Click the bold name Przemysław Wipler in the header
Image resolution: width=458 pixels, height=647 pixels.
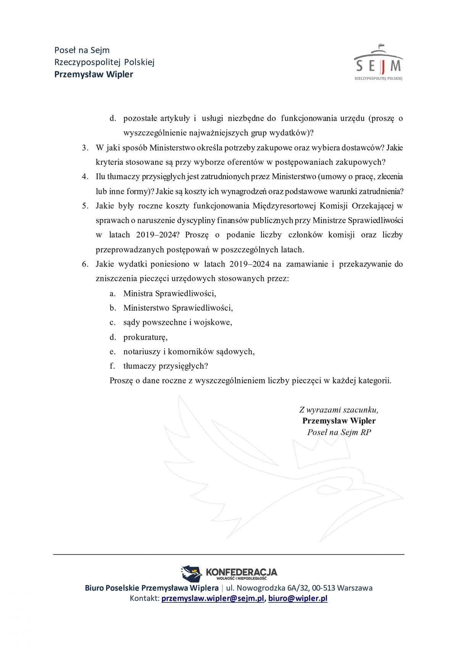click(x=94, y=74)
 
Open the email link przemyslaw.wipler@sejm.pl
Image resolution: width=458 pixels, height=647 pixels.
click(x=213, y=598)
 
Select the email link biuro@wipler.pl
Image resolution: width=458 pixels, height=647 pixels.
click(x=298, y=598)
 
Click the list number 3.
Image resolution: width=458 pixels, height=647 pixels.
click(x=85, y=148)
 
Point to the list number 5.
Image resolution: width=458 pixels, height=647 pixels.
click(x=85, y=206)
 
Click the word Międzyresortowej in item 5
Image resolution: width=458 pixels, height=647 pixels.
click(x=284, y=206)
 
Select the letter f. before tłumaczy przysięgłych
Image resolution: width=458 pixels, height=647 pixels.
click(x=112, y=366)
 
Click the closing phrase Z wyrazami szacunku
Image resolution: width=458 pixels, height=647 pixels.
click(x=339, y=410)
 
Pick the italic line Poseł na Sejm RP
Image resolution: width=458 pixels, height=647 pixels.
click(x=339, y=432)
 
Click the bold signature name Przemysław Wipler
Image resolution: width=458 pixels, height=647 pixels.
click(x=339, y=421)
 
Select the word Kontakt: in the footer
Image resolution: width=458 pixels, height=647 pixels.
click(x=144, y=598)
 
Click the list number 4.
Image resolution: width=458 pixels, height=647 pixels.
click(x=85, y=177)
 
